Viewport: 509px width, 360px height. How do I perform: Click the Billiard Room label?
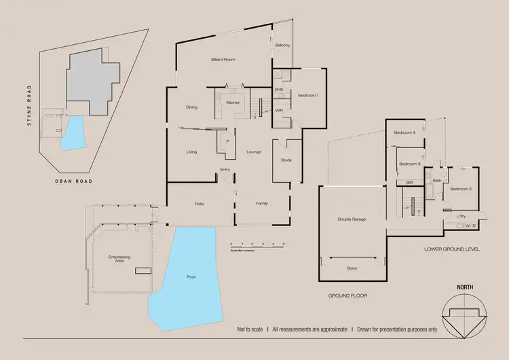point(223,60)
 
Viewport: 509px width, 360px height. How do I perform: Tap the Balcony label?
point(283,46)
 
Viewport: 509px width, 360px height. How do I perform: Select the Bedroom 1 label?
point(308,96)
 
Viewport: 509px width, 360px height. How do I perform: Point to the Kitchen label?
point(233,103)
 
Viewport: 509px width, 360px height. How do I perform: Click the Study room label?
point(286,160)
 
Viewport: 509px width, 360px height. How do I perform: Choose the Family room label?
point(261,204)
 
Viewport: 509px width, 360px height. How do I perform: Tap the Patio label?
point(200,204)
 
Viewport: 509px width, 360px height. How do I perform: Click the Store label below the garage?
point(352,268)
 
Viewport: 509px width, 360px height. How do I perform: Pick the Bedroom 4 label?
point(404,133)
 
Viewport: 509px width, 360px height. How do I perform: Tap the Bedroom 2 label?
point(461,189)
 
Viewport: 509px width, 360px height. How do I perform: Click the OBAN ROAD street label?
point(74,181)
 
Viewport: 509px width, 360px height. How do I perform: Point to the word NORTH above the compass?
point(464,289)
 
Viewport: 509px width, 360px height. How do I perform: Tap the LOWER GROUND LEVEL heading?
point(452,249)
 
